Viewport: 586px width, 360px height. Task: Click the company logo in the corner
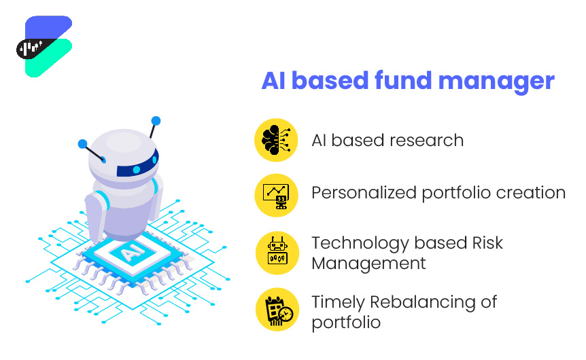(44, 47)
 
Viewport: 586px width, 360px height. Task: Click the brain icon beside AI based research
(276, 140)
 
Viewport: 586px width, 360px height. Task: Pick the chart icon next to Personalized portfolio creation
(277, 196)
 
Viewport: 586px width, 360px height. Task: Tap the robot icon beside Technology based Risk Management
(277, 251)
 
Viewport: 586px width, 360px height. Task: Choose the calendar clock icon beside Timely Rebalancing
(279, 310)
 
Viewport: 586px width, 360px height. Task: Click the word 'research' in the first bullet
(426, 141)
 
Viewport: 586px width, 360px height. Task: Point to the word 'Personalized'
(364, 194)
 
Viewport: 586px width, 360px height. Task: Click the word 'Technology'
(360, 244)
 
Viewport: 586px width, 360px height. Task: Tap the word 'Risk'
(487, 243)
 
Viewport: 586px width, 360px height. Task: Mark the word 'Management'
(369, 264)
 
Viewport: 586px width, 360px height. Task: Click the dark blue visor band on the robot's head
(137, 166)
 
